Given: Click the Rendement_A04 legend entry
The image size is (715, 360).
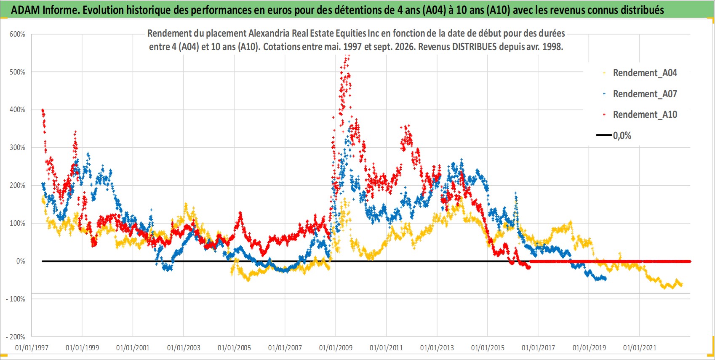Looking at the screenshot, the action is click(x=640, y=73).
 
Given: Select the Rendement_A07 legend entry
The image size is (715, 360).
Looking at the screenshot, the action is click(x=640, y=94).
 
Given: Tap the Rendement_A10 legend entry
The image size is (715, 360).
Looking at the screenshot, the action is click(x=640, y=115).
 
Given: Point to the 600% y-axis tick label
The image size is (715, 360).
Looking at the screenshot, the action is click(x=17, y=35).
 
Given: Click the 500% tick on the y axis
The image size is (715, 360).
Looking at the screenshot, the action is click(x=17, y=72).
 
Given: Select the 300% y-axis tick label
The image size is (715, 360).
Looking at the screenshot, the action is click(x=17, y=147).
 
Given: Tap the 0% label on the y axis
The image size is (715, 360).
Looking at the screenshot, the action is click(x=21, y=261).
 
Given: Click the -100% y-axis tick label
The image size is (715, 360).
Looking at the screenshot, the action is click(x=16, y=299).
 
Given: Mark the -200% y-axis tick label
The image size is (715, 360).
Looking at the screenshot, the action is click(x=16, y=337).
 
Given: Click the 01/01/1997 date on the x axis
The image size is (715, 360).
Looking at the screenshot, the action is click(x=32, y=348).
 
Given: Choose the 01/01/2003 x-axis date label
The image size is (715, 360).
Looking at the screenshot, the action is click(x=184, y=348).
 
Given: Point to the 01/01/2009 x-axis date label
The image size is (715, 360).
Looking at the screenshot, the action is click(x=336, y=348).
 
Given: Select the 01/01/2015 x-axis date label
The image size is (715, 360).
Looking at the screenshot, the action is click(x=488, y=348).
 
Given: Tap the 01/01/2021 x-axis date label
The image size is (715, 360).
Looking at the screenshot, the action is click(x=640, y=348).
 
